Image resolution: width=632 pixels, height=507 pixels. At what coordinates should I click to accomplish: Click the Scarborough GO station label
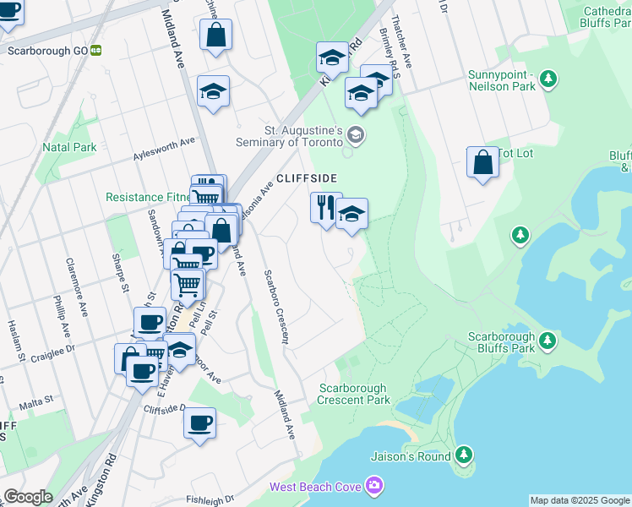pyautogui.click(x=47, y=50)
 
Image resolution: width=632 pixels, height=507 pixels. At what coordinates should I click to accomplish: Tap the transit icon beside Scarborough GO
pyautogui.click(x=96, y=50)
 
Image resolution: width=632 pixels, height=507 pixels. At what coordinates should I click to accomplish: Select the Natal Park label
pyautogui.click(x=69, y=147)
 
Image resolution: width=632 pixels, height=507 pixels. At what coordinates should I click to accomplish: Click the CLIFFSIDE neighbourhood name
pyautogui.click(x=307, y=178)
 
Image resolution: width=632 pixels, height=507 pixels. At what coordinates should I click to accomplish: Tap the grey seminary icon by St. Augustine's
pyautogui.click(x=357, y=134)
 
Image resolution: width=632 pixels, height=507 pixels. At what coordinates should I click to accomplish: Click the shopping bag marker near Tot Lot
pyautogui.click(x=482, y=162)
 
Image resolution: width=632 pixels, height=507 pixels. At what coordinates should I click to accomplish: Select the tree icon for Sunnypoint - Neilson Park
pyautogui.click(x=549, y=79)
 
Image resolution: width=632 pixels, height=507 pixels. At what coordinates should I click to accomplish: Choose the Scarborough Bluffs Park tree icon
pyautogui.click(x=548, y=341)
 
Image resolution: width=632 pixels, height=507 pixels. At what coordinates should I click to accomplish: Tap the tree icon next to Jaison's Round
pyautogui.click(x=463, y=456)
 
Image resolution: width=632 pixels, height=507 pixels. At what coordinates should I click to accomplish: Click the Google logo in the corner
pyautogui.click(x=28, y=497)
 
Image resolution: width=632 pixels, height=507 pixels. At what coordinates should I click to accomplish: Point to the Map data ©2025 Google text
pyautogui.click(x=580, y=500)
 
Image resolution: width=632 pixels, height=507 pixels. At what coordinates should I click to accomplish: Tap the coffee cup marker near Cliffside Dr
pyautogui.click(x=199, y=423)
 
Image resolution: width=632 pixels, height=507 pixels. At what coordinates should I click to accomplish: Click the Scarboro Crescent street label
pyautogui.click(x=275, y=308)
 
